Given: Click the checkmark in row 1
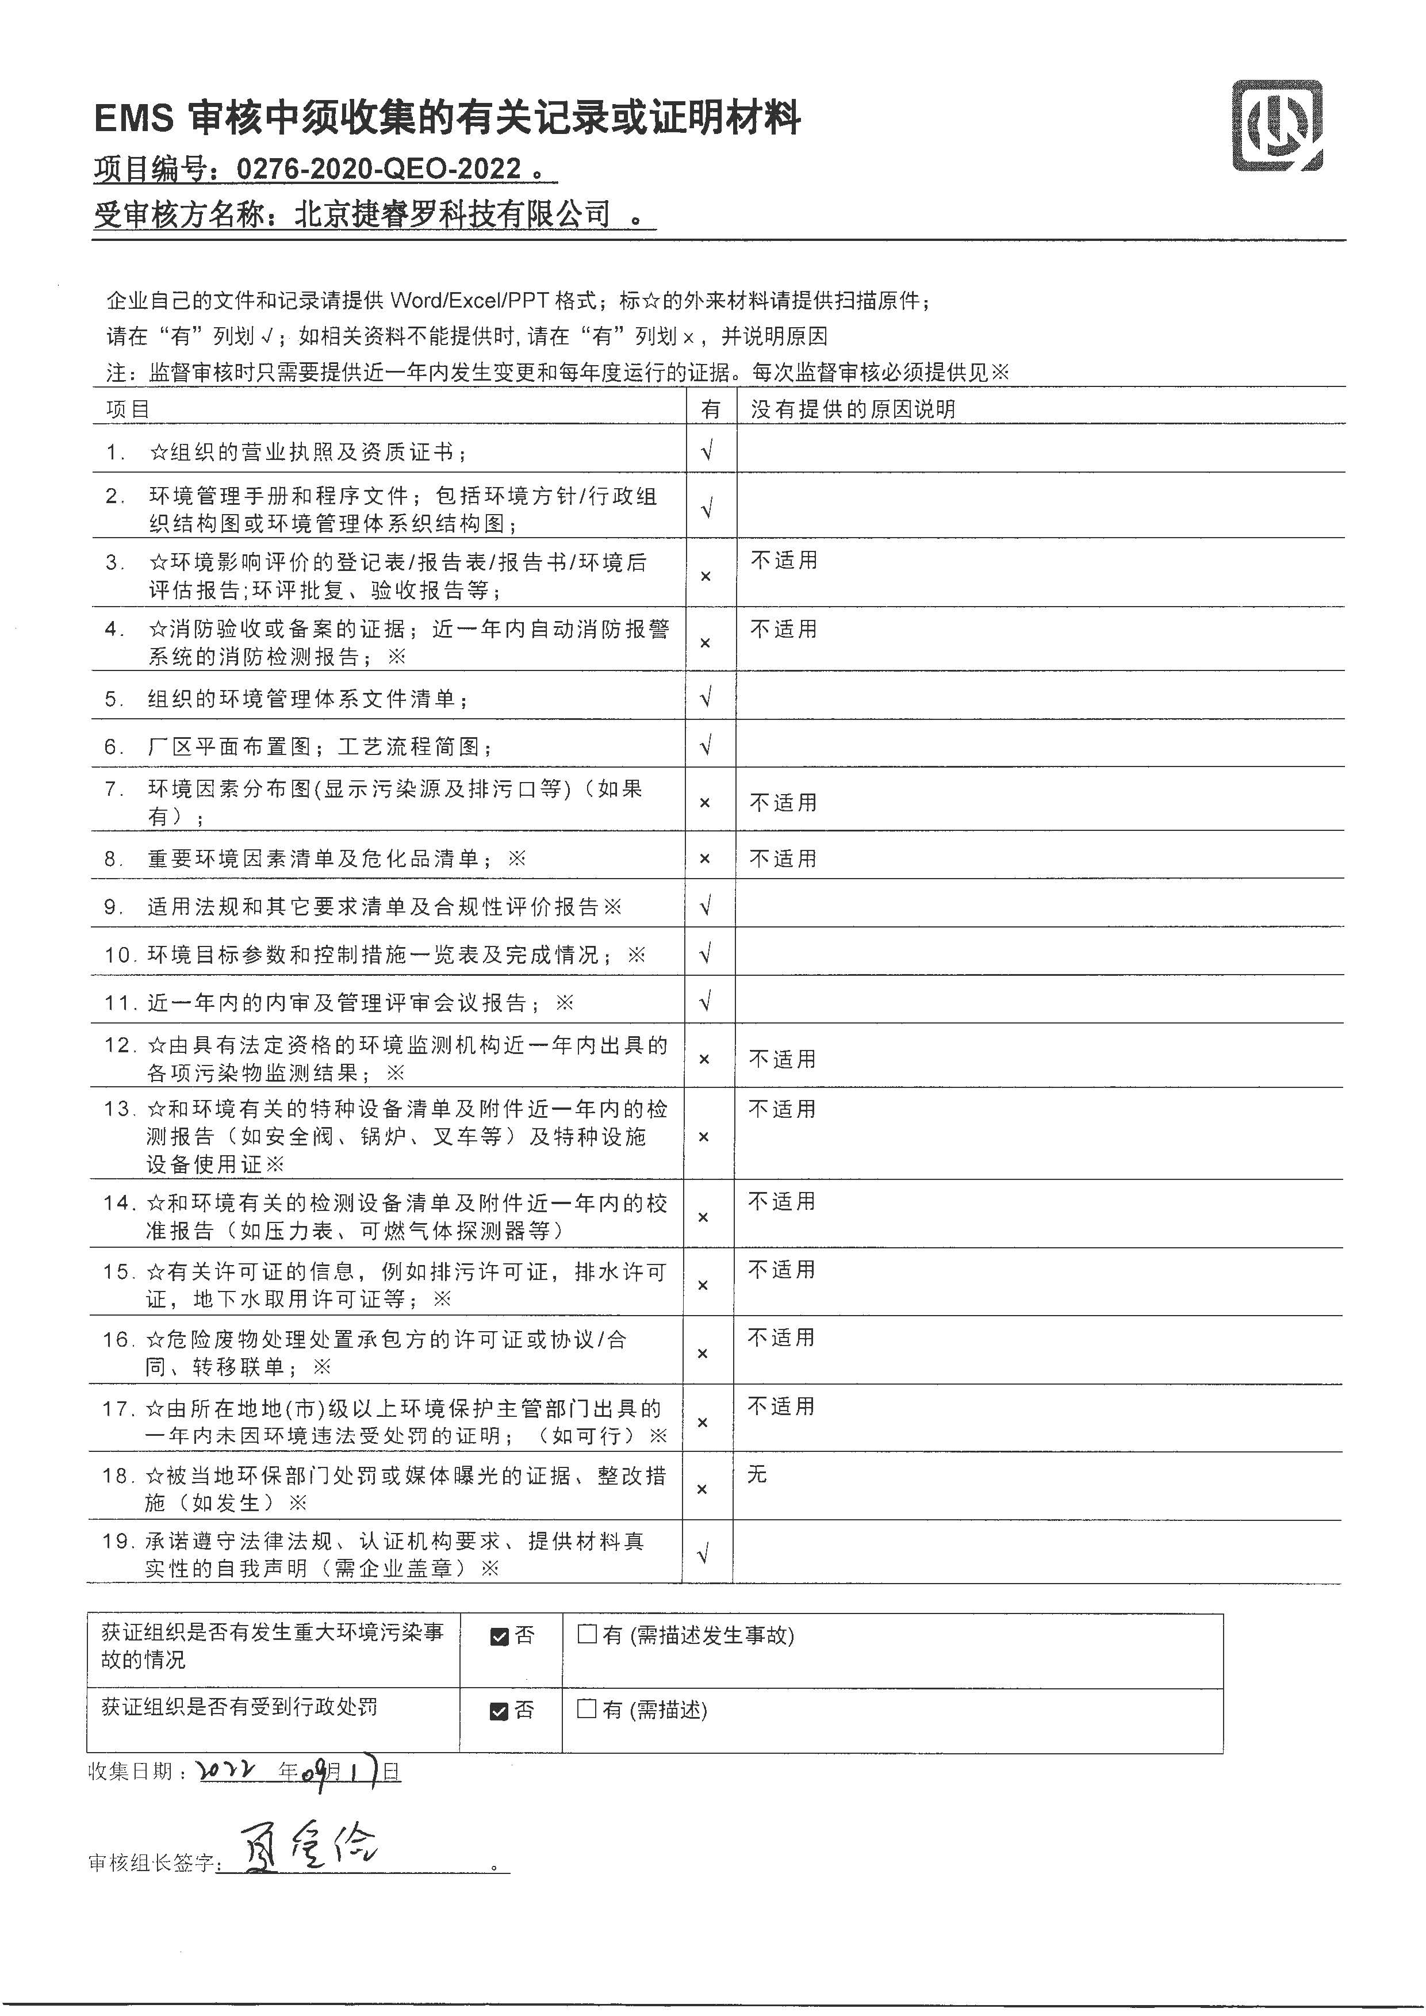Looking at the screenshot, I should (x=707, y=451).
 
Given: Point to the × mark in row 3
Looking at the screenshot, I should (x=705, y=577).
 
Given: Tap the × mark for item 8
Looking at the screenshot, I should (x=704, y=858).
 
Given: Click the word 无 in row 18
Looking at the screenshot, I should (x=757, y=1475).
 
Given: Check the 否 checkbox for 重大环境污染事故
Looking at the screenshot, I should (x=500, y=1636).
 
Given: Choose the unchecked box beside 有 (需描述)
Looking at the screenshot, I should (x=586, y=1709).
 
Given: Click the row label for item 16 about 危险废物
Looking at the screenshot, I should (x=386, y=1353).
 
